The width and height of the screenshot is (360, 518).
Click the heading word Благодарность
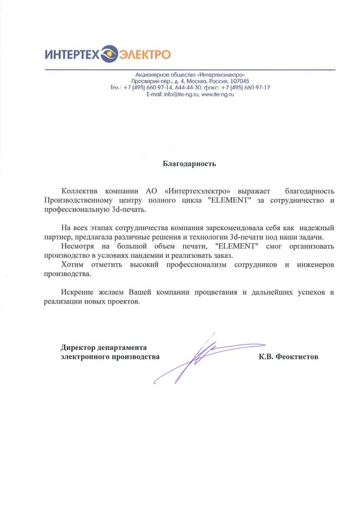click(x=189, y=164)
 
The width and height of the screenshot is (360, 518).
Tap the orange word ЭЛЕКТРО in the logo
click(x=145, y=55)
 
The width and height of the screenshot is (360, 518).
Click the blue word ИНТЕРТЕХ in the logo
click(x=72, y=55)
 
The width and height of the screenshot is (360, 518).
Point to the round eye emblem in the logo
click(x=110, y=55)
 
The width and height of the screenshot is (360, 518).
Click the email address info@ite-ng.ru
click(x=177, y=94)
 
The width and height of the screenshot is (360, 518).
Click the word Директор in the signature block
click(x=80, y=347)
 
